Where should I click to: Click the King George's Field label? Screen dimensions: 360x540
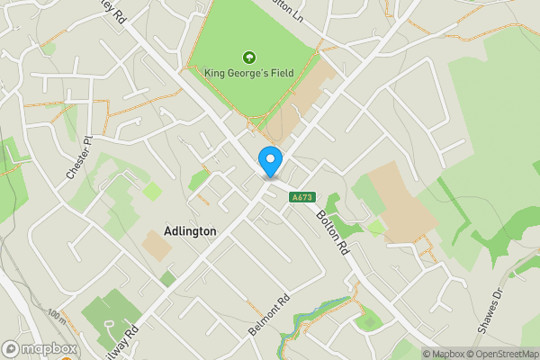pos(248,74)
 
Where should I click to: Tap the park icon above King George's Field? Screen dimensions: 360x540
pos(247,57)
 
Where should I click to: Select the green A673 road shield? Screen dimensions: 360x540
pos(301,197)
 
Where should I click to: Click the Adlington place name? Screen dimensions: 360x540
pos(191,231)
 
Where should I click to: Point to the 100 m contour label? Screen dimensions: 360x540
pos(56,317)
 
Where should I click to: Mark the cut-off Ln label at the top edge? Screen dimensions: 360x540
pos(291,8)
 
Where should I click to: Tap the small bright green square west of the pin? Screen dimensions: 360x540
pos(152,191)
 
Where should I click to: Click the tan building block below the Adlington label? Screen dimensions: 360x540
pos(156,246)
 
